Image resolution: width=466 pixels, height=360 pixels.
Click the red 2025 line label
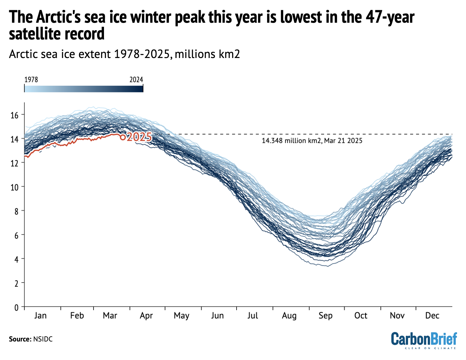(x=139, y=138)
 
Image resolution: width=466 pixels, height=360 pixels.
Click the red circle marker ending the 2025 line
(x=122, y=137)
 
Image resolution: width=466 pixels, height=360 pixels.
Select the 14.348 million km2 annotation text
(x=312, y=141)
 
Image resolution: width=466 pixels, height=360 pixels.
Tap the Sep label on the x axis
(x=325, y=316)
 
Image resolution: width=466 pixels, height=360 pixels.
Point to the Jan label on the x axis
(x=40, y=316)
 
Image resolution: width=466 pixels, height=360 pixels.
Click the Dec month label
(x=432, y=316)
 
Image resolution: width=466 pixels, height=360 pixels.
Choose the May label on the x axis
(x=181, y=316)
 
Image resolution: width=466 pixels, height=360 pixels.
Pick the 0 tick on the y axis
(x=16, y=307)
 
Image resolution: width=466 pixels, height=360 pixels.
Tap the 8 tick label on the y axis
(x=16, y=211)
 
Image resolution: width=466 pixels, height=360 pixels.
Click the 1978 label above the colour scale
(x=31, y=80)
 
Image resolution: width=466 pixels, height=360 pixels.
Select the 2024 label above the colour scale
(x=136, y=80)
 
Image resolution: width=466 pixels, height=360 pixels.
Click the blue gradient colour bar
(x=84, y=88)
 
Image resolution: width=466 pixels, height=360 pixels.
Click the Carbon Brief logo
(x=424, y=340)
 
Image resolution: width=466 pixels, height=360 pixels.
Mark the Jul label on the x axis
(x=253, y=316)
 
